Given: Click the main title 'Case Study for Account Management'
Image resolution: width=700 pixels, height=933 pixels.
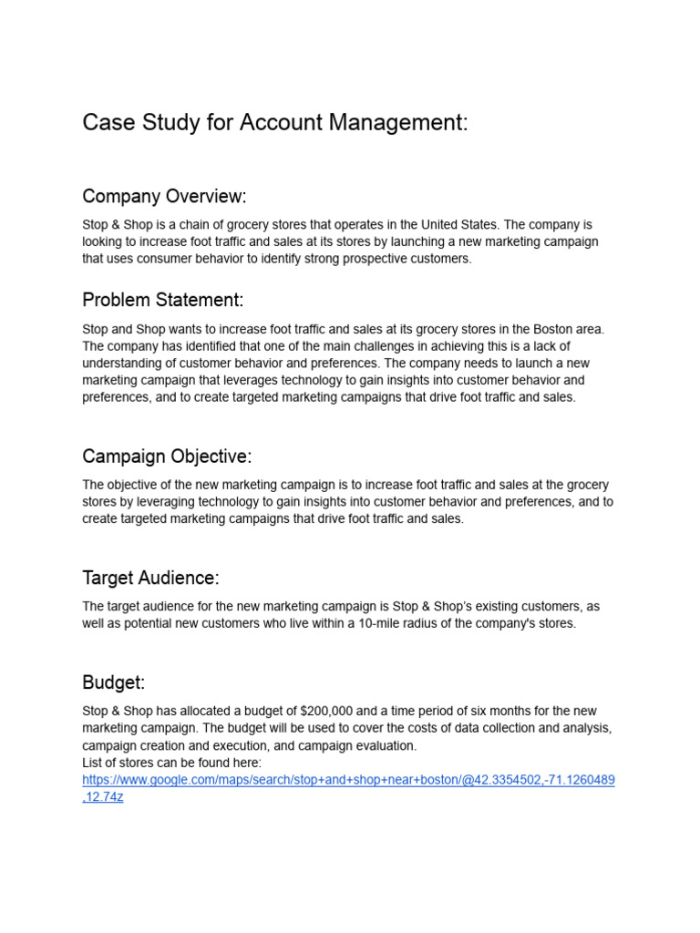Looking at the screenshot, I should (x=274, y=123).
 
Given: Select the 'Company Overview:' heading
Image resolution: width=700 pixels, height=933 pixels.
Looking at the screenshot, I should (x=164, y=197).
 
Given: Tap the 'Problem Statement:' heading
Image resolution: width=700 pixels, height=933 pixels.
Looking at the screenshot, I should (x=163, y=301).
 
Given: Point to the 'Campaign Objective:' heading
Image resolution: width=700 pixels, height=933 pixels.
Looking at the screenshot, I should (x=167, y=456).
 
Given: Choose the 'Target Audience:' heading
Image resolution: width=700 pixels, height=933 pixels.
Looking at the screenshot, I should (x=150, y=578).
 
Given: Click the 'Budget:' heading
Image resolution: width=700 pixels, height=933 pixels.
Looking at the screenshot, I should (x=114, y=682).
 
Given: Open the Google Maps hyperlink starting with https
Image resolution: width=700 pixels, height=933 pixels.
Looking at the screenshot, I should (x=348, y=781).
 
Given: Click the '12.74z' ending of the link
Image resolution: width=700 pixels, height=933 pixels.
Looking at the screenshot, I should (x=105, y=797).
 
